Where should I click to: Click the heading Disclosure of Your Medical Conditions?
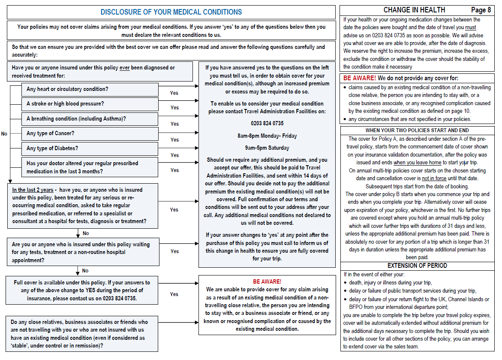click(x=171, y=12)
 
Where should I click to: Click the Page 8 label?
click(x=481, y=10)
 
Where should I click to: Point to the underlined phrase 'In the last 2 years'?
click(x=33, y=190)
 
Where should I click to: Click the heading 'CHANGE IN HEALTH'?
click(x=414, y=10)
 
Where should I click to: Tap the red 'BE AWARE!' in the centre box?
click(x=267, y=281)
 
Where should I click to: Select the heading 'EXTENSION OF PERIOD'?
click(x=417, y=266)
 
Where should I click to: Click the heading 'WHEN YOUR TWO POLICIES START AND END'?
click(x=417, y=130)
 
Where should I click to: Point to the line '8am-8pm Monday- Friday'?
click(x=267, y=136)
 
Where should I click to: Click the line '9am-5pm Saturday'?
click(x=267, y=148)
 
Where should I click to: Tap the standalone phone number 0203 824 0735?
click(x=267, y=123)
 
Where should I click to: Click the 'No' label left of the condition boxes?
click(x=4, y=134)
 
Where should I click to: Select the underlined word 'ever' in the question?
click(x=125, y=68)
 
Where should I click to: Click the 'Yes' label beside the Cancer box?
click(x=174, y=139)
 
